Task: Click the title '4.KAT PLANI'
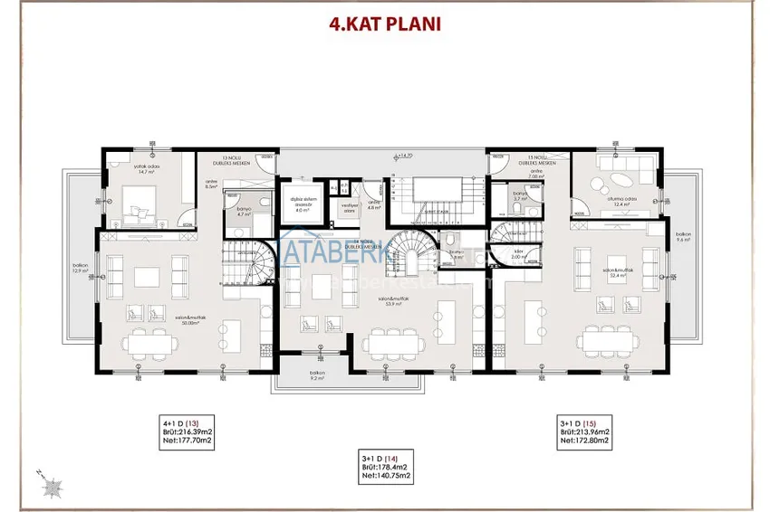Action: (385, 23)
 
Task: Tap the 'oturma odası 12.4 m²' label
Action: (621, 202)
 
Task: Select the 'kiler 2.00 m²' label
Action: (516, 256)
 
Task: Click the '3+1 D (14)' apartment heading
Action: (384, 459)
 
